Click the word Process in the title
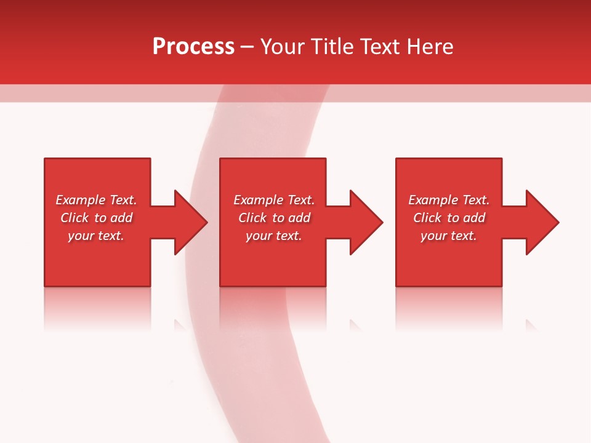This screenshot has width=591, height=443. click(x=193, y=47)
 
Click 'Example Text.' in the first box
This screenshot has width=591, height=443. click(x=96, y=200)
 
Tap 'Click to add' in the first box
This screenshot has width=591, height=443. click(x=96, y=218)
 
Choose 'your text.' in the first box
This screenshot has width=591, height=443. click(x=96, y=236)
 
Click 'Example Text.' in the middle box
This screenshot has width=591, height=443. click(x=273, y=200)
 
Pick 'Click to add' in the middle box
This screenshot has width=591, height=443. click(x=273, y=218)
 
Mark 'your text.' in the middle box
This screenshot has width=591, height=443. click(x=273, y=236)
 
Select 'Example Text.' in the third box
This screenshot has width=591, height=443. click(x=449, y=200)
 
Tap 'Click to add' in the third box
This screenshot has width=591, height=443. click(x=449, y=218)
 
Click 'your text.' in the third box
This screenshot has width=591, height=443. click(x=449, y=236)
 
